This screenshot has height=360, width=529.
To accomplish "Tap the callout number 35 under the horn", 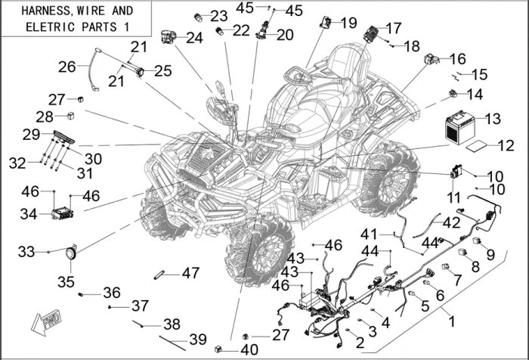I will (x=67, y=282).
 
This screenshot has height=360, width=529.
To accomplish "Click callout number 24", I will (x=194, y=37).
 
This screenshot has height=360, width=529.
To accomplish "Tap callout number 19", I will (x=348, y=23).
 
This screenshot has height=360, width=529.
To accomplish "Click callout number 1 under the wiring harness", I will (x=453, y=321).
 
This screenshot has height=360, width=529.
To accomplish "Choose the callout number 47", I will (x=190, y=272).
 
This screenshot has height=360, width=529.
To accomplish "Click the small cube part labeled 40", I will (x=219, y=349).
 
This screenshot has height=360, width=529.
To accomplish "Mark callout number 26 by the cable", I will (x=67, y=67).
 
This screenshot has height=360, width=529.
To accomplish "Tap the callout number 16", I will (x=458, y=58).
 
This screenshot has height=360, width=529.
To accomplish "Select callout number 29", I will (x=31, y=135).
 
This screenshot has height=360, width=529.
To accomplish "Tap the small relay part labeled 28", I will (x=71, y=116).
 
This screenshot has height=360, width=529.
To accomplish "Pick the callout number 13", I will (x=493, y=119).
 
